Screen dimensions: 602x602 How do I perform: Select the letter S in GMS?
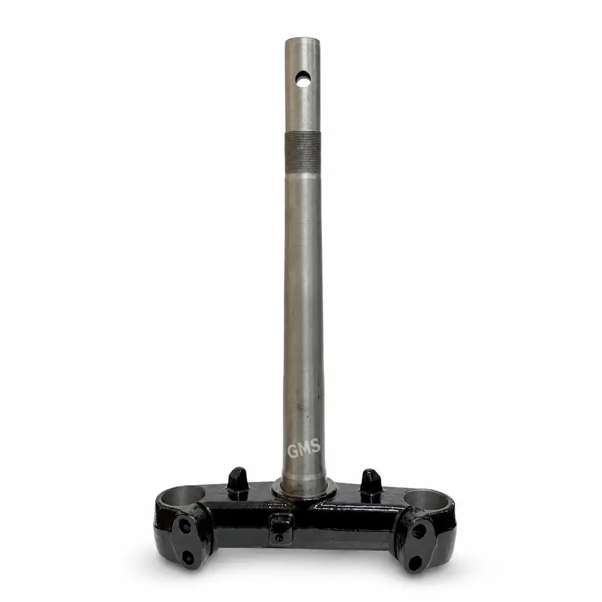click(316, 446)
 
